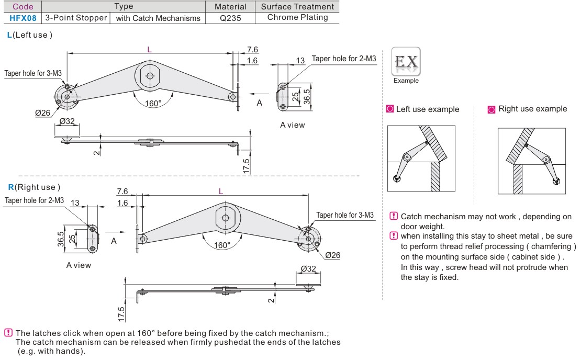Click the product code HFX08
tap(23, 18)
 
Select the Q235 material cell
tap(231, 18)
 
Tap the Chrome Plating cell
tap(297, 17)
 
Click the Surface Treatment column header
tap(297, 7)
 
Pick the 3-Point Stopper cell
tap(76, 18)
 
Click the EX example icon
tap(406, 63)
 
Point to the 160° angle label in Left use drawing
tap(153, 103)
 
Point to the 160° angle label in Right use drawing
tap(222, 245)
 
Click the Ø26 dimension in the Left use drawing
tap(42, 113)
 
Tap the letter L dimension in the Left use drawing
tap(150, 49)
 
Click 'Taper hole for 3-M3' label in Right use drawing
tap(345, 215)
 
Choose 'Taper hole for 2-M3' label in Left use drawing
tap(344, 59)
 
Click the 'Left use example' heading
tap(428, 109)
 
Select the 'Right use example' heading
tap(532, 109)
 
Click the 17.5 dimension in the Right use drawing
tap(121, 314)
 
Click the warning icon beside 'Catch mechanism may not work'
tap(394, 216)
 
